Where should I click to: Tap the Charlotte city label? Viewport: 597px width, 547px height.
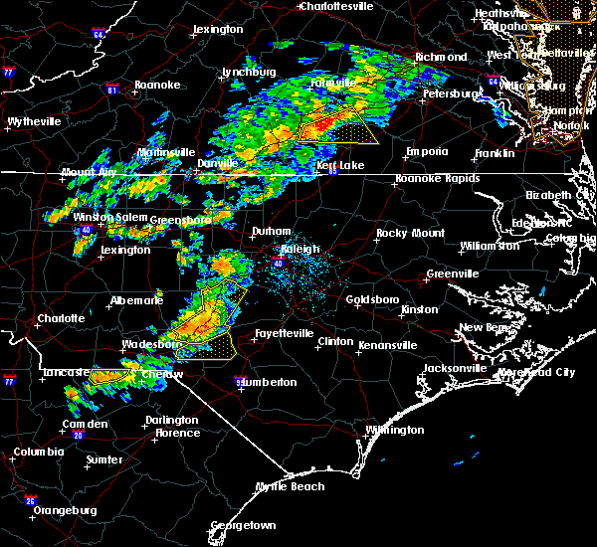[62, 319]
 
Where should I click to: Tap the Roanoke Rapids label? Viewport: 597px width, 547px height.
[437, 179]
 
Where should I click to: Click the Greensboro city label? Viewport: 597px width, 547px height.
[180, 219]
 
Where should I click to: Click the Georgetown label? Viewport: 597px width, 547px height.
[243, 524]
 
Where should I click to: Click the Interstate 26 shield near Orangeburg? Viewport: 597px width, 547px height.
[31, 500]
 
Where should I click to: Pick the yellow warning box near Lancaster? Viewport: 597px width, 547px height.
[110, 376]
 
